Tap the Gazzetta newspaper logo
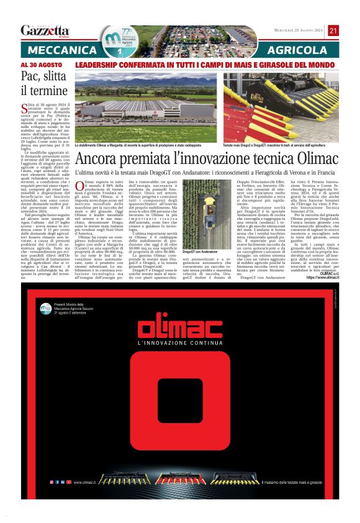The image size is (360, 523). coord(45,31)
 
